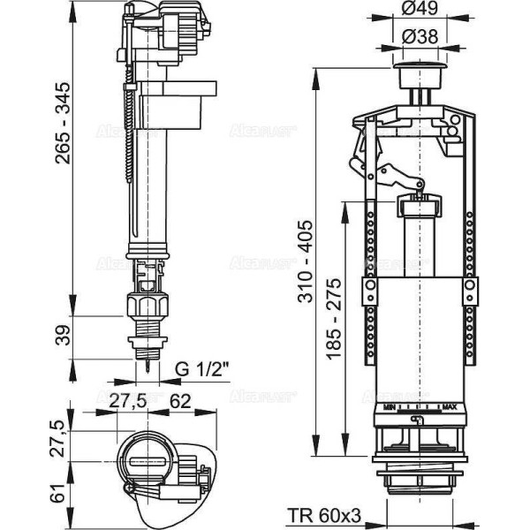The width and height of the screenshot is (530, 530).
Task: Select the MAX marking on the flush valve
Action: click(449, 407)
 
